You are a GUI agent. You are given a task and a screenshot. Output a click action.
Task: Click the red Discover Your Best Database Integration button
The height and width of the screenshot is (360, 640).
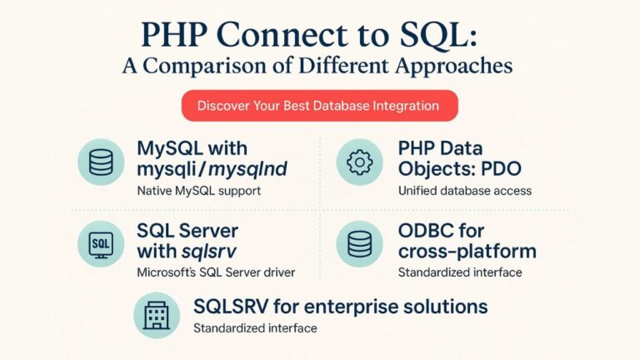320,106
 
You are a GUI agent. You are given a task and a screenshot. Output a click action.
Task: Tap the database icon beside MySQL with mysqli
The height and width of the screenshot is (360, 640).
101,162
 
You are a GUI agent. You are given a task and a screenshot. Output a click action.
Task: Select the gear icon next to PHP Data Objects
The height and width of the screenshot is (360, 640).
359,162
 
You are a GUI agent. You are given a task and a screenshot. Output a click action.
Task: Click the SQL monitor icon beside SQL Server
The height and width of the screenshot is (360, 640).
101,243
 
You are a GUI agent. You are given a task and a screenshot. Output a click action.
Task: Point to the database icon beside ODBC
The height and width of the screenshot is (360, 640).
359,243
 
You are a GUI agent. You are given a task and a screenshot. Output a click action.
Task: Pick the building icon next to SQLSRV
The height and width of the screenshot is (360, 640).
157,314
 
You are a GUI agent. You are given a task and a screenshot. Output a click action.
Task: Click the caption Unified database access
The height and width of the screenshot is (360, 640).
465,192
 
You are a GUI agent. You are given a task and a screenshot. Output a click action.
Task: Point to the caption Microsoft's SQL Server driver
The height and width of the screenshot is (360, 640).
215,272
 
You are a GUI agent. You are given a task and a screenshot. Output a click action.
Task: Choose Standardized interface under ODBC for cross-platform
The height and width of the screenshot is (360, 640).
460,272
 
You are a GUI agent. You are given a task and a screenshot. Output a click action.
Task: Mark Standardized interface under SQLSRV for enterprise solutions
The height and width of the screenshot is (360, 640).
255,328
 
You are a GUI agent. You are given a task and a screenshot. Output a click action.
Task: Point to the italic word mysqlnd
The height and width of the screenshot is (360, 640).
249,170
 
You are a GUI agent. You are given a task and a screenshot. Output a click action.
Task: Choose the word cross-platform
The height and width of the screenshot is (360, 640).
467,252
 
